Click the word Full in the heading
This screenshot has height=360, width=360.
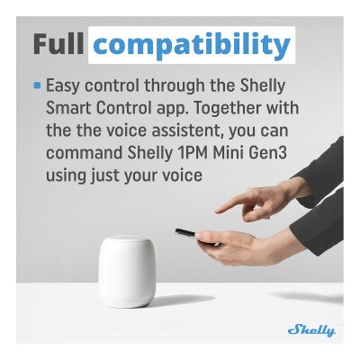61,45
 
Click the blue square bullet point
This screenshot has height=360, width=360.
37,87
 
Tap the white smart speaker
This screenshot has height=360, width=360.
125,271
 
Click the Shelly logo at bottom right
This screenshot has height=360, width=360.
311,330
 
